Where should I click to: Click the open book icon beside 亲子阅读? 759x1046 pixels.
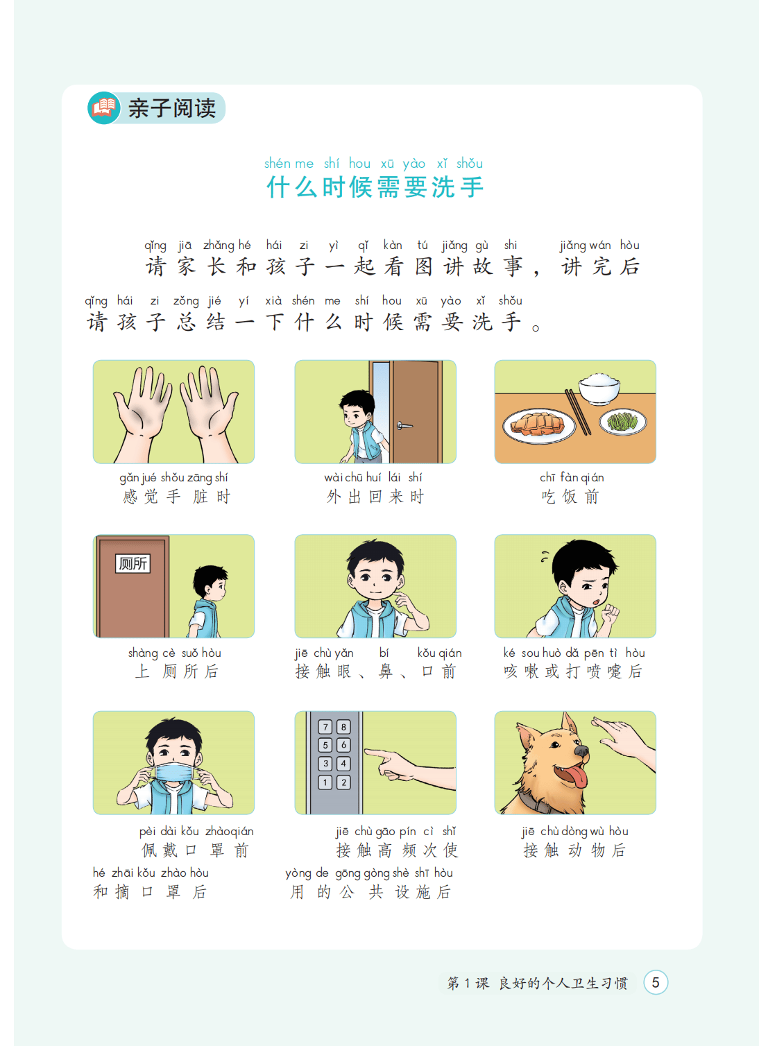[103, 108]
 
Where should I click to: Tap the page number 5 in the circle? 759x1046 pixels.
[656, 982]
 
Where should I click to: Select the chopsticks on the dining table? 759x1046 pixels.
[578, 411]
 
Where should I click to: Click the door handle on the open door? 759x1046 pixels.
[404, 425]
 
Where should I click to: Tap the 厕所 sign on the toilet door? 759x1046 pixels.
[133, 563]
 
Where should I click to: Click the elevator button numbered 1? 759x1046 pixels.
[325, 782]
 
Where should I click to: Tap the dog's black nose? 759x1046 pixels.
[581, 751]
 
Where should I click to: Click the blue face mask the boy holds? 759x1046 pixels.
[173, 772]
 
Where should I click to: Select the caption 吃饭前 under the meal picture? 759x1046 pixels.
[570, 497]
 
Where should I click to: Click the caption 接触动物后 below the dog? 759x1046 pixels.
[574, 850]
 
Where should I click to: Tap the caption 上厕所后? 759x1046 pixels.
[176, 671]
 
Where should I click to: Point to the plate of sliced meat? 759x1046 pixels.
[539, 426]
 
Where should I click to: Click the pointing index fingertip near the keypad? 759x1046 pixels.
[366, 751]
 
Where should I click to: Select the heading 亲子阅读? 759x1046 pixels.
[172, 108]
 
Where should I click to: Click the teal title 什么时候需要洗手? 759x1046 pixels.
[375, 187]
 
